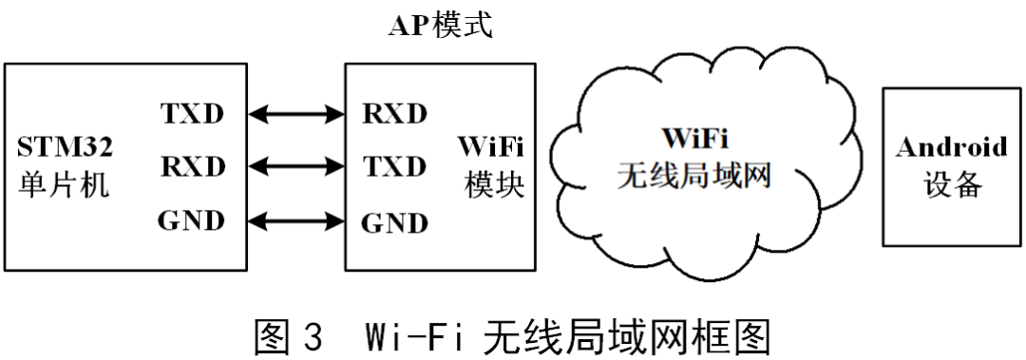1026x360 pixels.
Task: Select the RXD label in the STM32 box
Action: (193, 167)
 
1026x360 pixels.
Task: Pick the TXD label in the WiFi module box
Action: (394, 167)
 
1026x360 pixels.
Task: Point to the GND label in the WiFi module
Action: (394, 224)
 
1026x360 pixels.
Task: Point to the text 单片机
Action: (64, 185)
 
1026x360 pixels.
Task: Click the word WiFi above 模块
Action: (493, 148)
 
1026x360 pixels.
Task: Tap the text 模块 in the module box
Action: (493, 185)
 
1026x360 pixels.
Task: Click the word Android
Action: (952, 147)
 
